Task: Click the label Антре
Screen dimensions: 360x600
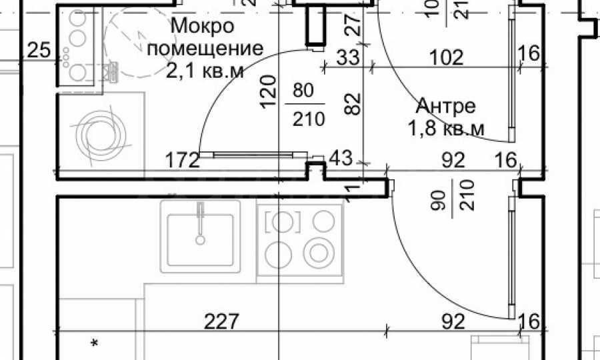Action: click(x=446, y=106)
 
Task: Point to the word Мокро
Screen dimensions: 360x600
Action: click(x=203, y=26)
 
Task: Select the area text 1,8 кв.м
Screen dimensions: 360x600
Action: click(x=447, y=128)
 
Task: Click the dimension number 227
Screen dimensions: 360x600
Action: click(x=221, y=322)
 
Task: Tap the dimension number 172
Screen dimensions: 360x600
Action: click(x=183, y=160)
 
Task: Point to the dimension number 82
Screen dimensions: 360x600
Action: click(x=353, y=105)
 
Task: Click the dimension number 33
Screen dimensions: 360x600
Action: click(x=347, y=57)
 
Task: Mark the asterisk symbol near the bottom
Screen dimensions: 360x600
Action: click(x=95, y=343)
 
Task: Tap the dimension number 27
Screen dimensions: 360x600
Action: click(x=354, y=25)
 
